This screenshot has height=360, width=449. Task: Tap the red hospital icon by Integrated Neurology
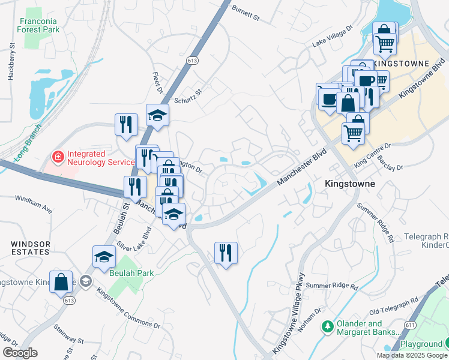[58, 157]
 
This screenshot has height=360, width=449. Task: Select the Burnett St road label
[246, 14]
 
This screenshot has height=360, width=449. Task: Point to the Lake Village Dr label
[334, 37]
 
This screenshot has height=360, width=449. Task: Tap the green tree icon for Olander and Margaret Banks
[327, 327]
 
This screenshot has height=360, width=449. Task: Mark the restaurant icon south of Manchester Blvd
[226, 252]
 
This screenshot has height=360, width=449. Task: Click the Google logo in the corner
[20, 352]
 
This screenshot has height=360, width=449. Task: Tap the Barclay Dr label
[402, 152]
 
